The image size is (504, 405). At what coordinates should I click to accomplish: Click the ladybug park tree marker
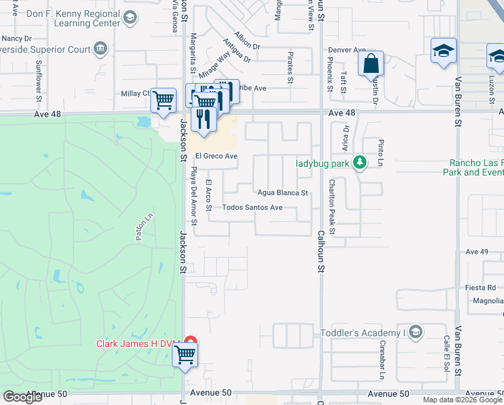pyautogui.click(x=360, y=162)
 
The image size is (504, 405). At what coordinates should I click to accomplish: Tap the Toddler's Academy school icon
pyautogui.click(x=416, y=331)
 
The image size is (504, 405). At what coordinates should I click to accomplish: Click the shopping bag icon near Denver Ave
pyautogui.click(x=371, y=65)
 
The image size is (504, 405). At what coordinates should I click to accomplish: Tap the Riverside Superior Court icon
pyautogui.click(x=100, y=48)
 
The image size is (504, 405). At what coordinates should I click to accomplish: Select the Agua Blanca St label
pyautogui.click(x=282, y=192)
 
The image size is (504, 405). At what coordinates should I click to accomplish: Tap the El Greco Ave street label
pyautogui.click(x=216, y=157)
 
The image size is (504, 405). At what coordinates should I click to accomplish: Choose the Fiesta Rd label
pyautogui.click(x=480, y=288)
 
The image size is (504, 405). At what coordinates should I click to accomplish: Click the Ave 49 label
pyautogui.click(x=476, y=252)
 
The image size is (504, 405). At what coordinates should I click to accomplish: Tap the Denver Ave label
pyautogui.click(x=346, y=50)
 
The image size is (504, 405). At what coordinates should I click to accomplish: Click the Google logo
pyautogui.click(x=22, y=397)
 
